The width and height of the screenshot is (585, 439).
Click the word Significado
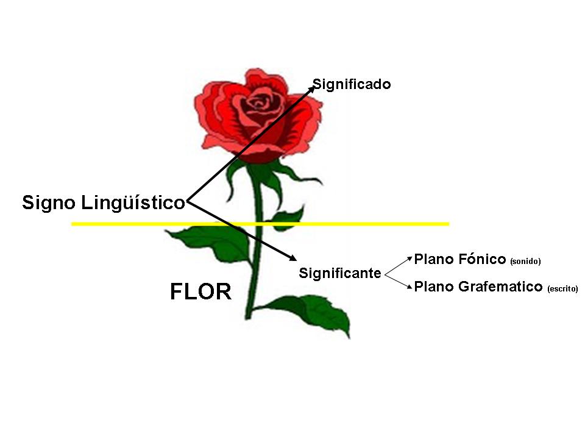tap(352, 84)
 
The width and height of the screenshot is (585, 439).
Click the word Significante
tap(339, 274)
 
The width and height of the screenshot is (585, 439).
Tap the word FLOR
tap(200, 292)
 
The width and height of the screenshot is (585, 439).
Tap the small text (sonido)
tap(525, 262)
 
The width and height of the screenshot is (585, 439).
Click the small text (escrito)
tap(562, 289)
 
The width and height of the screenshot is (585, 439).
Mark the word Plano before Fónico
tap(433, 259)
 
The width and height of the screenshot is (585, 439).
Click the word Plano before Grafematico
tap(433, 287)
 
